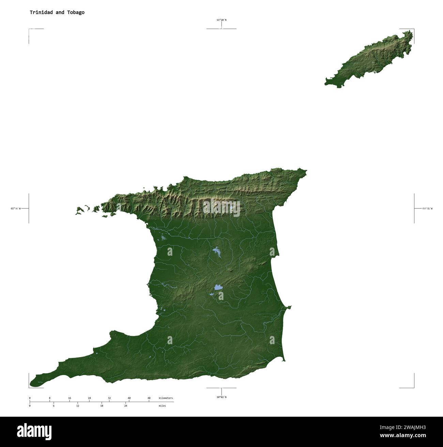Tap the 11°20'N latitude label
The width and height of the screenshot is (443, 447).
point(221,20)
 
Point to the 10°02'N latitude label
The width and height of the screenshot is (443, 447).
point(221,397)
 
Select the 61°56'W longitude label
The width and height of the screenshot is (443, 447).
point(16,208)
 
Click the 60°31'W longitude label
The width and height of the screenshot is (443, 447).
point(427,208)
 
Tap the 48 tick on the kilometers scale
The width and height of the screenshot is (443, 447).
point(149,398)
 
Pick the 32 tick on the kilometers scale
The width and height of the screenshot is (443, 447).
point(109,398)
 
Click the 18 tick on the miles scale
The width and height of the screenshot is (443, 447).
point(102,406)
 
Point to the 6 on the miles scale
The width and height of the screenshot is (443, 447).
point(54,406)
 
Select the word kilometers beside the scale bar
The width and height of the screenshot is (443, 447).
point(166,398)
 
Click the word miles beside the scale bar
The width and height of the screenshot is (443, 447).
point(162,406)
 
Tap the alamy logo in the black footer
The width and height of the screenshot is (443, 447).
point(34,431)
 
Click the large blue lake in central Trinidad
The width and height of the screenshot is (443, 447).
point(218,288)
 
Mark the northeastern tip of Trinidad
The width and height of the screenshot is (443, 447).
point(305,171)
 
